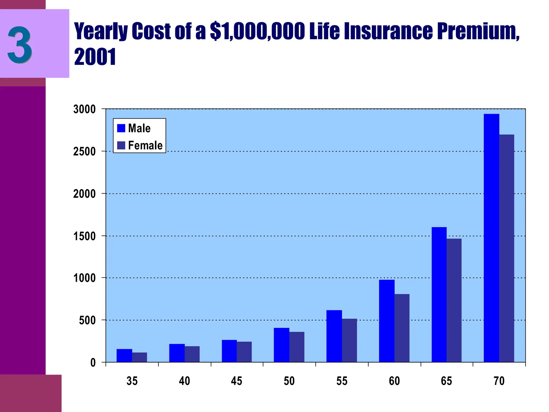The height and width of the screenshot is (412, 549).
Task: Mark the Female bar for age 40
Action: click(x=192, y=354)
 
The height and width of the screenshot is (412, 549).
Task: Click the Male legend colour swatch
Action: click(x=121, y=128)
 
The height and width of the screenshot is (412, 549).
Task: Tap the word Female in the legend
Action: click(x=145, y=145)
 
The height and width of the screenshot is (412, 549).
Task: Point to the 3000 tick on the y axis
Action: click(x=84, y=109)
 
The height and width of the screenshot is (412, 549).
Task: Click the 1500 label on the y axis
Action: click(x=84, y=236)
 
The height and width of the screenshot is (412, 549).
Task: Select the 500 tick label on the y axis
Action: click(x=87, y=320)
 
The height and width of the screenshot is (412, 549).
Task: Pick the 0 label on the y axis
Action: click(x=93, y=363)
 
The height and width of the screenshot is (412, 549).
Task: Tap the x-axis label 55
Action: click(x=342, y=381)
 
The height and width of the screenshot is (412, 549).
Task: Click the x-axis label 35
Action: click(x=132, y=381)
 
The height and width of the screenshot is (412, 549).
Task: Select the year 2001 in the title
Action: click(x=95, y=57)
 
